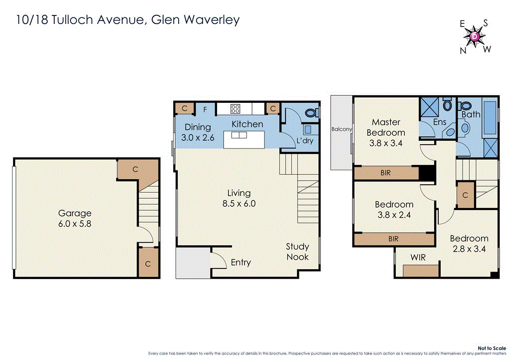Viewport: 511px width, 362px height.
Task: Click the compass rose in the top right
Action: (475, 36)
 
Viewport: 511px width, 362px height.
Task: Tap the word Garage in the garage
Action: (74, 213)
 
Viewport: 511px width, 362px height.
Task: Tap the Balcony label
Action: (342, 129)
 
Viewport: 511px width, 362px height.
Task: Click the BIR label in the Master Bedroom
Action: (385, 173)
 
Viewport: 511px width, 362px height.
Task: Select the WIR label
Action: (418, 257)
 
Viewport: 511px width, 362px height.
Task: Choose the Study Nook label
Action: (297, 252)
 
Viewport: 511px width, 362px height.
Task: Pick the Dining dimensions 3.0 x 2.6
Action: (198, 138)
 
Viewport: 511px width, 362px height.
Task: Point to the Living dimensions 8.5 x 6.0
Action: (240, 204)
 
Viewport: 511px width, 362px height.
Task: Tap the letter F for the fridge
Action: (205, 108)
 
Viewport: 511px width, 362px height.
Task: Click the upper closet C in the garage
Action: (135, 169)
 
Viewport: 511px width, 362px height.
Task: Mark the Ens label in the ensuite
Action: (440, 122)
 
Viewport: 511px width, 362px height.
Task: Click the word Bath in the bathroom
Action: (471, 114)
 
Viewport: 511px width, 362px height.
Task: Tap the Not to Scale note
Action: (491, 348)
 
